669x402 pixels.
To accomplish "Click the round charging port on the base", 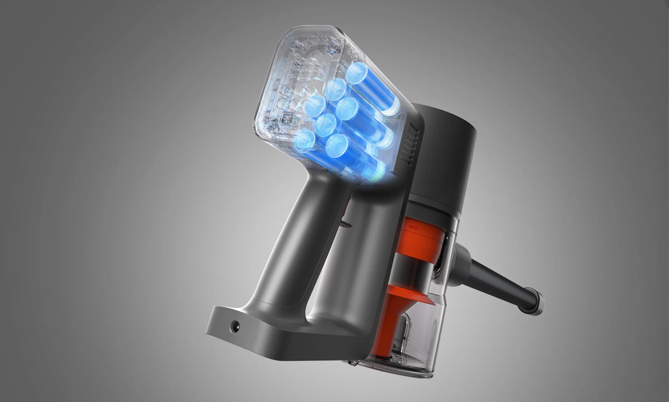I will click(x=235, y=326).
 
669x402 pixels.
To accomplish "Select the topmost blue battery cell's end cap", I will click(x=357, y=72).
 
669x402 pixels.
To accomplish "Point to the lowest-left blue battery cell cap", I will click(x=304, y=141).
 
